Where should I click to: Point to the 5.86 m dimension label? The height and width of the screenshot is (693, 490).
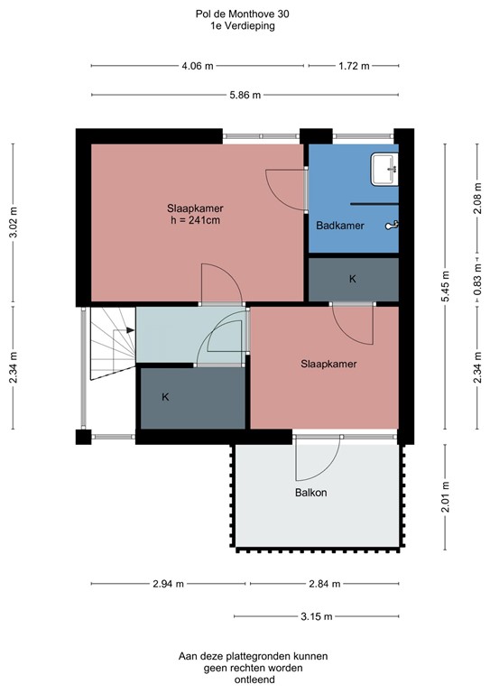coord(244,95)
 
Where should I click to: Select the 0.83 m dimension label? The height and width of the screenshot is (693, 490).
coord(477,281)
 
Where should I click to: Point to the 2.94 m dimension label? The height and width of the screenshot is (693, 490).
coord(170,584)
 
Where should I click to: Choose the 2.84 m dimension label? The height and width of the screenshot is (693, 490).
coord(324,584)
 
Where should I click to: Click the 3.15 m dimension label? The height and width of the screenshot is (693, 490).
coord(315,616)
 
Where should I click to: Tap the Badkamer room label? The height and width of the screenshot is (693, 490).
coord(340,226)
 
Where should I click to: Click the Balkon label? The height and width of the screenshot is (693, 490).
coord(310,493)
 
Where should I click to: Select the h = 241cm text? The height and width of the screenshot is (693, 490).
coord(195,219)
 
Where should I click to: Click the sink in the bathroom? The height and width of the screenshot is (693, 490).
coord(384,166)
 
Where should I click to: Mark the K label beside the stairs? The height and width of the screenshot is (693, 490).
coord(165,396)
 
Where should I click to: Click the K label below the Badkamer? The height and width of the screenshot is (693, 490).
coord(353,279)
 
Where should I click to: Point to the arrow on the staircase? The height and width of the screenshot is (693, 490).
coord(130,330)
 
